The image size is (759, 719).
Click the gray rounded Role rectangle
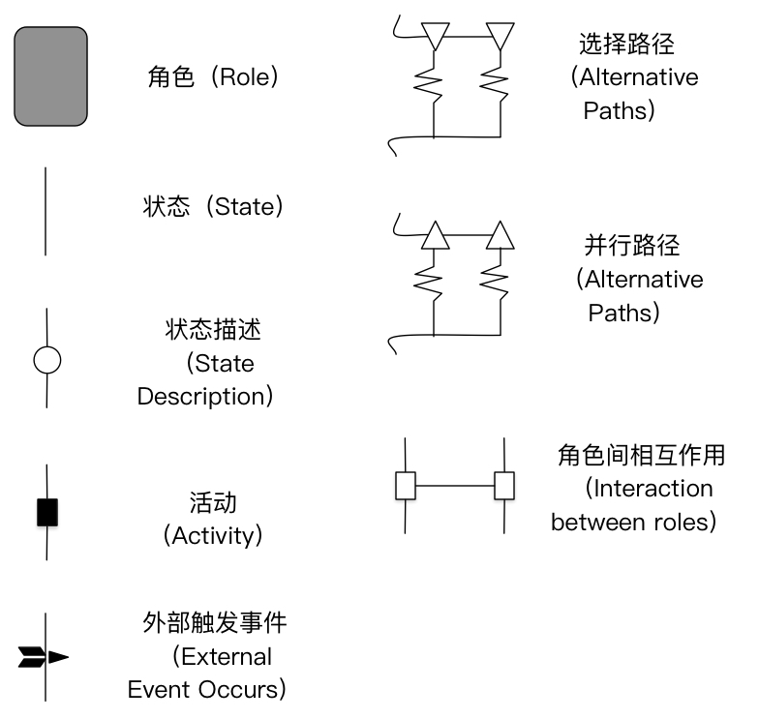[x=50, y=76]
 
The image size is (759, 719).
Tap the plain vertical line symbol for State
[x=46, y=211]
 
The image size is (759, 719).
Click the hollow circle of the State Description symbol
[x=46, y=361]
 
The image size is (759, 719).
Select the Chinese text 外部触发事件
[x=214, y=624]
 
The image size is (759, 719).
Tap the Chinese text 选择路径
[x=626, y=44]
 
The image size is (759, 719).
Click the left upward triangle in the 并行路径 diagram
[x=435, y=235]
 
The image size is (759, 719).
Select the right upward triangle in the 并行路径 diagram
[x=500, y=235]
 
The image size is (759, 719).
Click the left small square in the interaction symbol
[x=406, y=485]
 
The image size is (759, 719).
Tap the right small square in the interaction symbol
[x=504, y=485]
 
